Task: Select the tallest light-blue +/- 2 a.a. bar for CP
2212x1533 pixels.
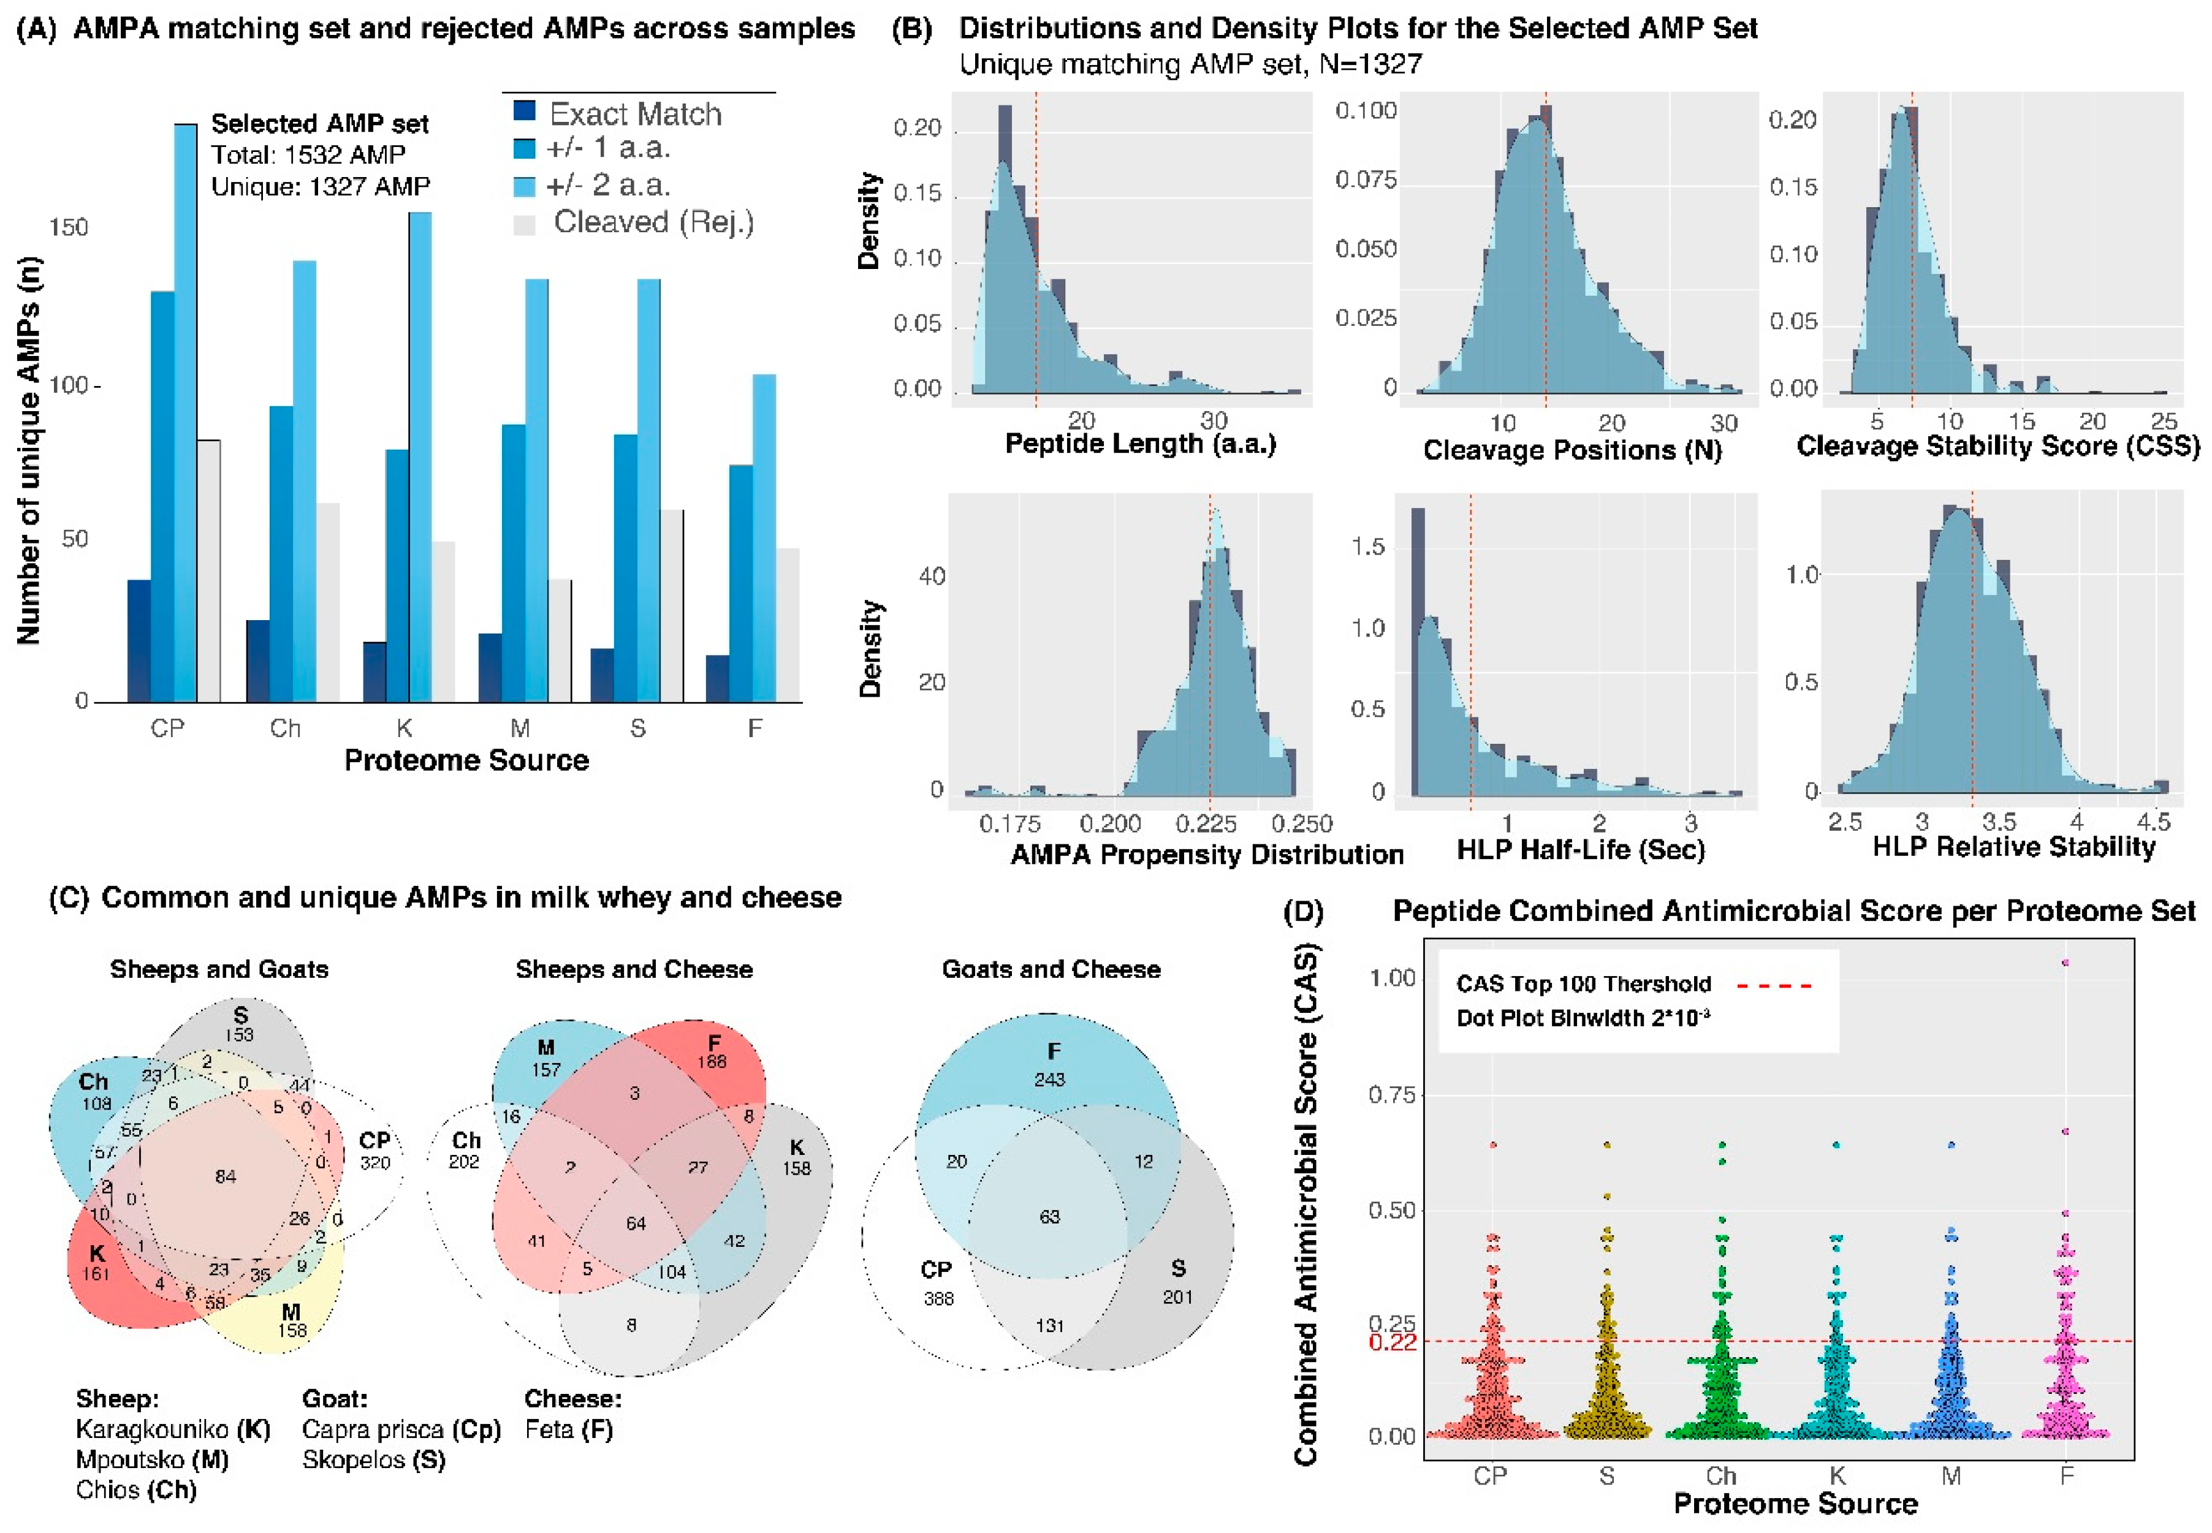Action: tap(186, 413)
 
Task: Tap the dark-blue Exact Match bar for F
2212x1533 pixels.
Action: tap(717, 678)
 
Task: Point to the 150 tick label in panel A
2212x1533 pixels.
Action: tap(68, 228)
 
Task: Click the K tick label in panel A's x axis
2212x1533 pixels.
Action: tap(403, 728)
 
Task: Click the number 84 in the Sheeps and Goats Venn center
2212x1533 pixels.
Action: tap(225, 1176)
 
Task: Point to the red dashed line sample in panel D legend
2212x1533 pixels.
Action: tap(1774, 985)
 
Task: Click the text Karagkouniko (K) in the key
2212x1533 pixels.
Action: tap(173, 1429)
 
